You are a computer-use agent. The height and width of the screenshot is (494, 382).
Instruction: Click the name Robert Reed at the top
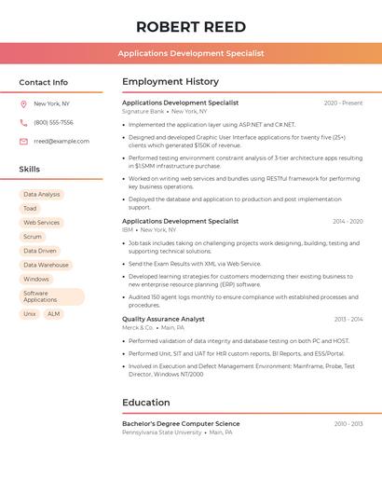click(191, 27)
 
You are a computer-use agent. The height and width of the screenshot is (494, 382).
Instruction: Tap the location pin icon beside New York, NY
click(23, 103)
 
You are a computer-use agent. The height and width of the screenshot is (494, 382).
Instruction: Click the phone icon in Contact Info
click(23, 122)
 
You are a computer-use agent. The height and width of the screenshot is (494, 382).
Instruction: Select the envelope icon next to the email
click(23, 142)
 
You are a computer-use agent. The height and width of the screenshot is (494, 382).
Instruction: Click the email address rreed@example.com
click(61, 142)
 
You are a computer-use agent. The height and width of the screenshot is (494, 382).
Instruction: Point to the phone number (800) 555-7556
click(53, 122)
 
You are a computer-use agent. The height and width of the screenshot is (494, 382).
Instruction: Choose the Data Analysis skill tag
click(42, 195)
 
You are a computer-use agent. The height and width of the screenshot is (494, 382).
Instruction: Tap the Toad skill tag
click(30, 209)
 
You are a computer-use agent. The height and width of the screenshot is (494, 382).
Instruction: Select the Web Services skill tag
click(41, 223)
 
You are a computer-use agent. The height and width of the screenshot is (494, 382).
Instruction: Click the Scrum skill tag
click(33, 237)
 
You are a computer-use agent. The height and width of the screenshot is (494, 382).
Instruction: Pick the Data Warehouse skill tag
click(46, 265)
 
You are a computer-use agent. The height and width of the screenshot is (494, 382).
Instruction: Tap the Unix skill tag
click(30, 314)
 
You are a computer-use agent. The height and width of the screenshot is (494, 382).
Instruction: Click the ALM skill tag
click(53, 314)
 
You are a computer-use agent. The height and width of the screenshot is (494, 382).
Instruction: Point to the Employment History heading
click(171, 82)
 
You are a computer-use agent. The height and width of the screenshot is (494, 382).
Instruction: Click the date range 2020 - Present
click(343, 103)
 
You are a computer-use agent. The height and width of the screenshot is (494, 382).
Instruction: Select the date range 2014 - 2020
click(348, 222)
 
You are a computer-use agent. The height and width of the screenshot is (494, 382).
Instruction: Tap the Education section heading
click(146, 403)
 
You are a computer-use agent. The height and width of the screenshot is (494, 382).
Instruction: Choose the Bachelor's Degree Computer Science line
click(181, 424)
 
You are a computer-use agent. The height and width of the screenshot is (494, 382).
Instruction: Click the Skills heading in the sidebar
click(30, 170)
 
